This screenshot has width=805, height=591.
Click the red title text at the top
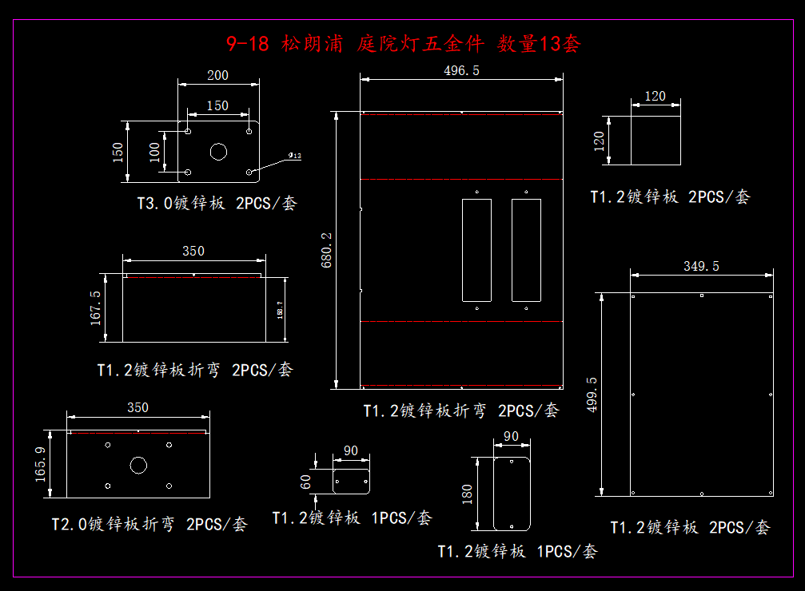pos(402,43)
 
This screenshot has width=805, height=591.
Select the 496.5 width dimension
pos(461,71)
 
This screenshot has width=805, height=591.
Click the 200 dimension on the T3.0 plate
pos(217,76)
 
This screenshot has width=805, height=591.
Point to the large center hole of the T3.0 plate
pos(218,151)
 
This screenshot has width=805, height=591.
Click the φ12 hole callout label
pos(295,156)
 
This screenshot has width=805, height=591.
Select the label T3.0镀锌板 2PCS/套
pos(216,204)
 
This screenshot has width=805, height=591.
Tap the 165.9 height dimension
pos(41,465)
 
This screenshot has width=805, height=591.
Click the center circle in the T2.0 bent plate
pos(138,464)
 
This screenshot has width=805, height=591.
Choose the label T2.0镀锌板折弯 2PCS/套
pos(149,525)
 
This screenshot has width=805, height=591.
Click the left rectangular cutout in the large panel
pos(476,250)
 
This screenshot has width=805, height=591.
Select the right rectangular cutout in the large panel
pos(526,250)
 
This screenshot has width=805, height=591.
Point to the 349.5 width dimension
pos(702,266)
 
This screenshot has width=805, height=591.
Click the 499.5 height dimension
pos(592,395)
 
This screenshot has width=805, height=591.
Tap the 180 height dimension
pos(467,494)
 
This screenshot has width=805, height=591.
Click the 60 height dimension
pos(306,481)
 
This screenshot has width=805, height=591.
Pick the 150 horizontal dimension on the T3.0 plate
pos(217,105)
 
